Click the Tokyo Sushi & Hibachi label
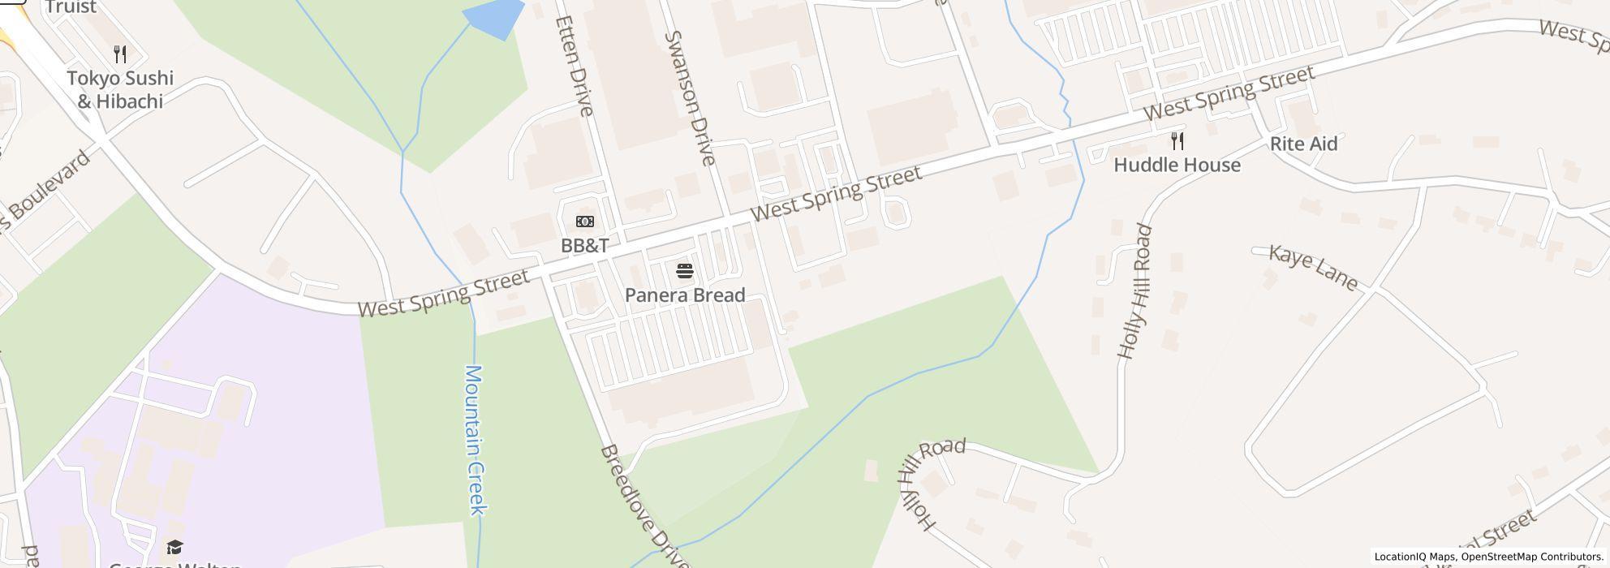[x=120, y=89]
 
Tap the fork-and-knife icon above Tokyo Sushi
[x=120, y=54]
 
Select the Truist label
[x=71, y=7]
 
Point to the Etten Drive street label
[x=575, y=67]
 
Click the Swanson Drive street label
[x=690, y=98]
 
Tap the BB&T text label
[x=584, y=245]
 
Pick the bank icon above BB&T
[x=584, y=222]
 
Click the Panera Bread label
[x=685, y=295]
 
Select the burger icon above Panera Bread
[x=685, y=270]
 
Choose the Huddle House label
[x=1177, y=166]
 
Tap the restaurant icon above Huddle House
[x=1177, y=141]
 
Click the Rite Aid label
[x=1303, y=144]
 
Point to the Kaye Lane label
[x=1313, y=268]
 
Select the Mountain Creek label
[x=476, y=439]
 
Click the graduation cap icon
[x=174, y=547]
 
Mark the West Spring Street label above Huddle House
[x=1229, y=94]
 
